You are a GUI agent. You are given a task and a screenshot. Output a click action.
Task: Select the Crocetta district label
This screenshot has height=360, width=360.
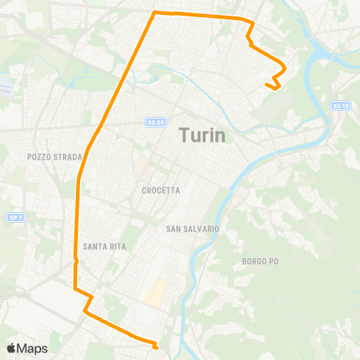tap(160, 190)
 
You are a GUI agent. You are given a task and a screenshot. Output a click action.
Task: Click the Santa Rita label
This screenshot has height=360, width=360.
tap(104, 246)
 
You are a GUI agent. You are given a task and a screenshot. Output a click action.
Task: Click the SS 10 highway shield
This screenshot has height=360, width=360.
tap(340, 106)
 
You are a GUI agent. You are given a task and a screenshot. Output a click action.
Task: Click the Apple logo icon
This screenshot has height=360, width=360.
tap(12, 348)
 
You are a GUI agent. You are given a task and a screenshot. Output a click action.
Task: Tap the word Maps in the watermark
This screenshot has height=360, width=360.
tap(33, 348)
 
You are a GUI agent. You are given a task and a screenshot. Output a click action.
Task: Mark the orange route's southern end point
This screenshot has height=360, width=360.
tap(155, 348)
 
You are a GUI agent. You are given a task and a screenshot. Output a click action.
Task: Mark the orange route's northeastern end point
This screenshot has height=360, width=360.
tap(267, 85)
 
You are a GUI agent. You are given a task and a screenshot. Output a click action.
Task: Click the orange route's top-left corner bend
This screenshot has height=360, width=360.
tap(154, 13)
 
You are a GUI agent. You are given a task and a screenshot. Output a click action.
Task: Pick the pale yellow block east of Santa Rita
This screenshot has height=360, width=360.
tap(156, 293)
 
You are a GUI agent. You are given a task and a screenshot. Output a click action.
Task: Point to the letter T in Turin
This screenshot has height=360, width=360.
tap(184, 136)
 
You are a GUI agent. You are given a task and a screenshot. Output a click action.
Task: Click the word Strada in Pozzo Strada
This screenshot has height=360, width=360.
tap(64, 157)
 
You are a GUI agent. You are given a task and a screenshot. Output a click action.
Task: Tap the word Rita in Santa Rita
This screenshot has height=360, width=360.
tap(116, 246)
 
